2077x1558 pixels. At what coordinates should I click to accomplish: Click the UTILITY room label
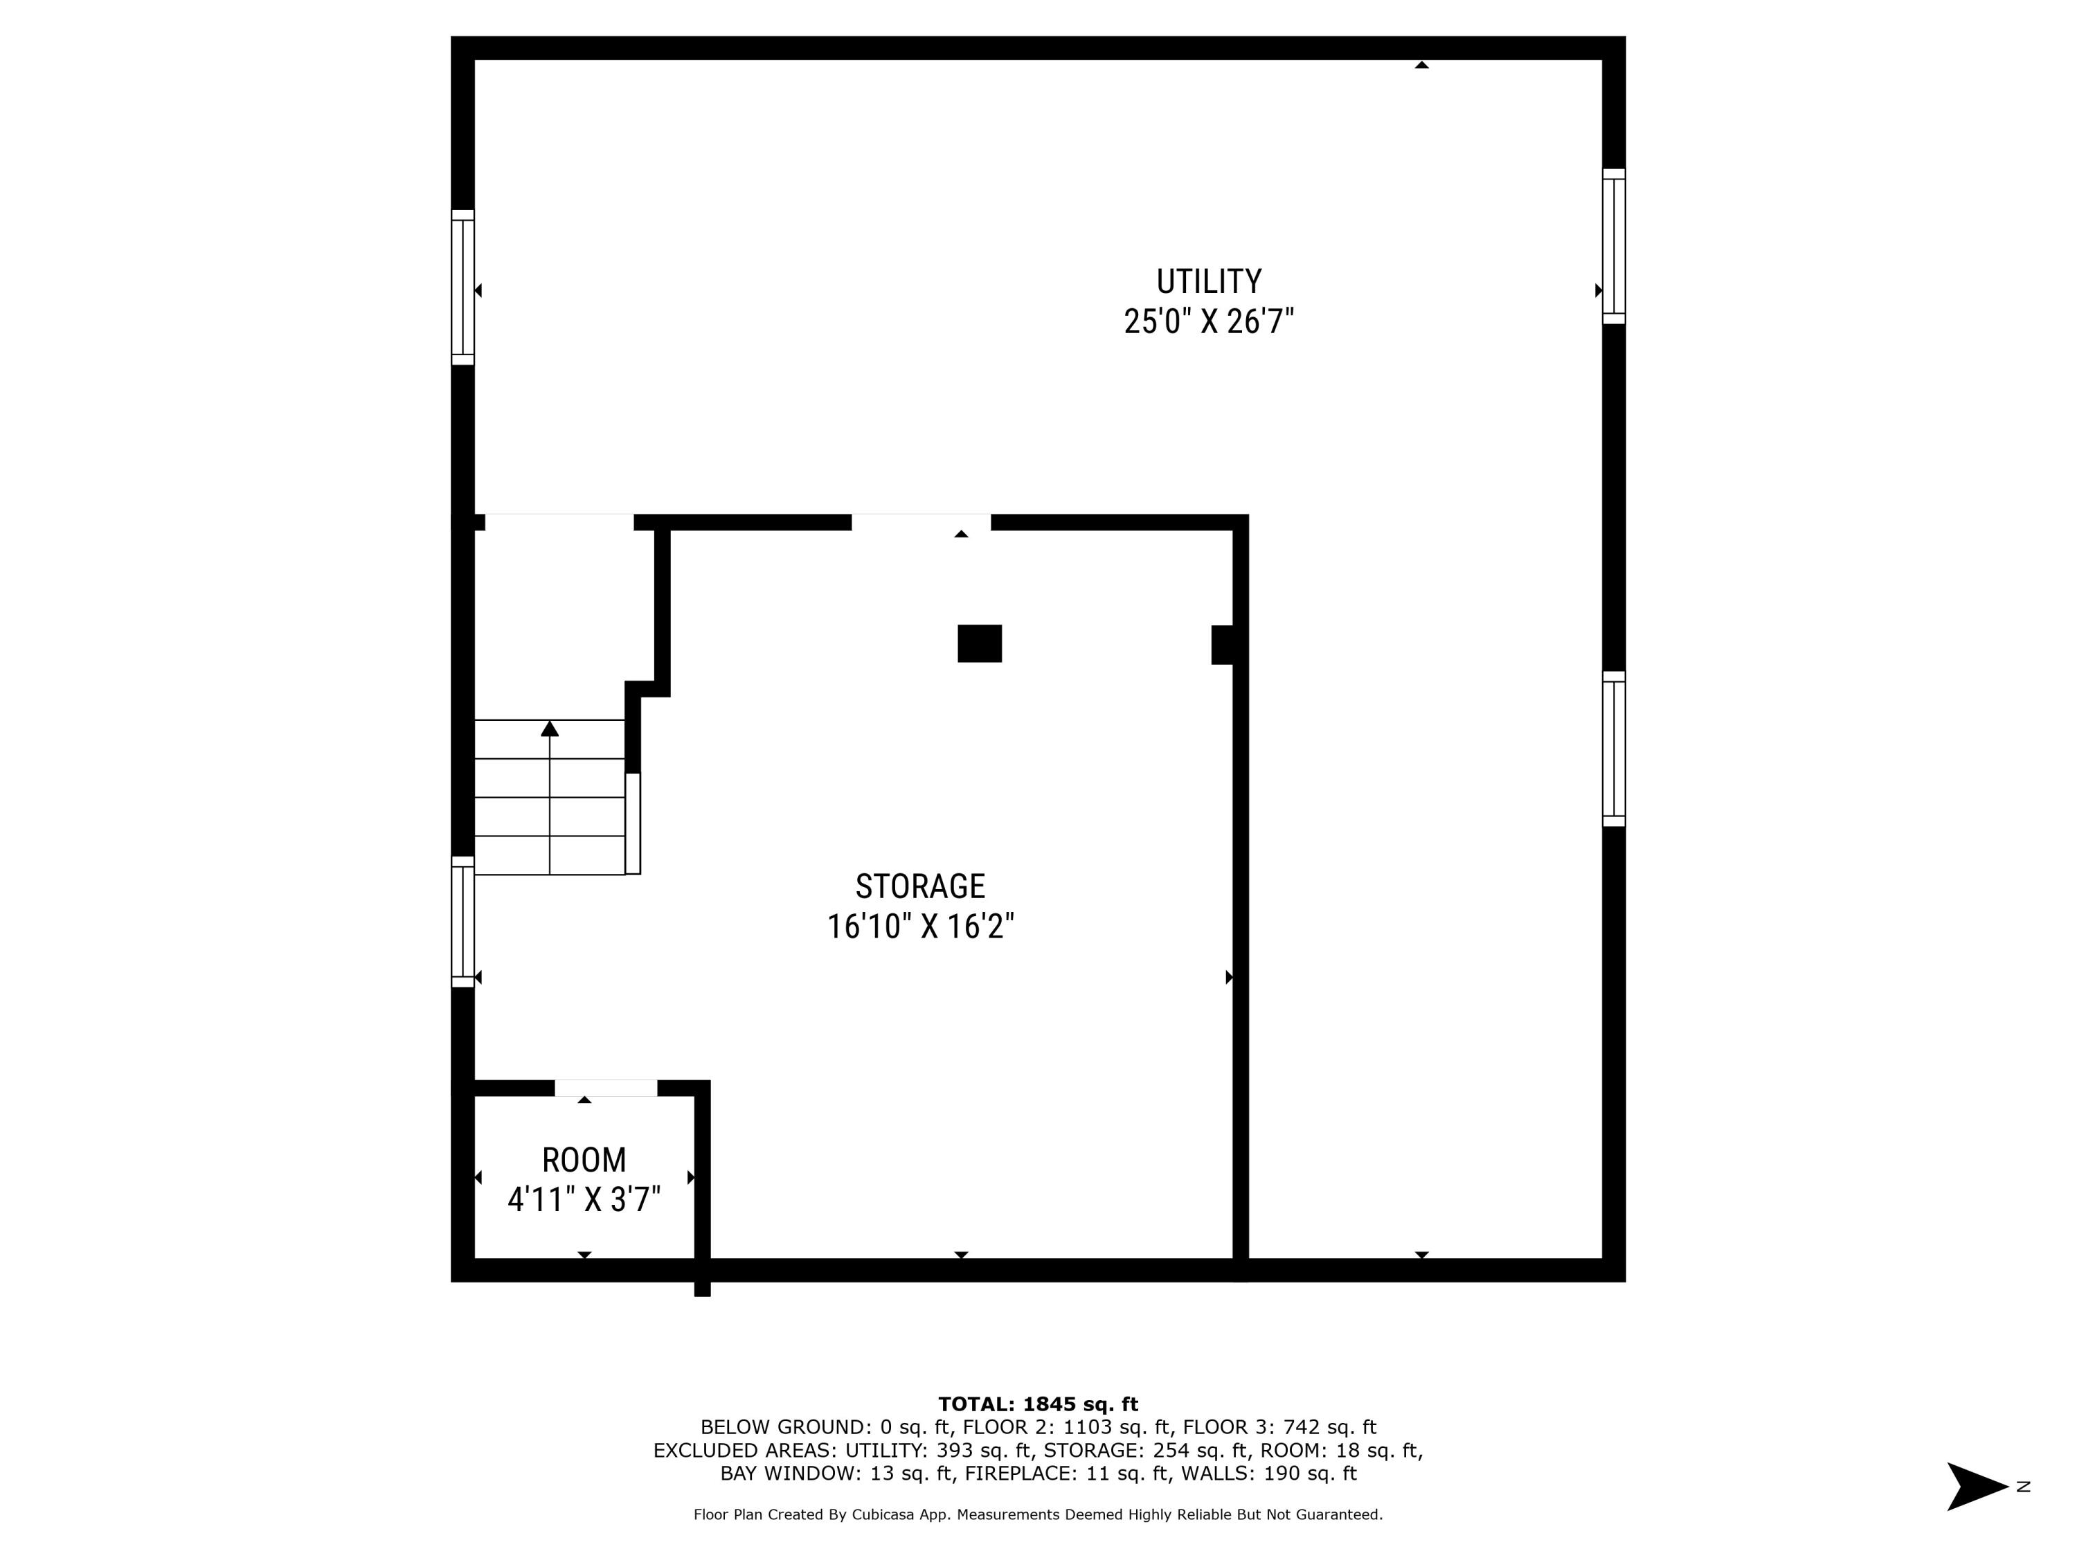(x=1208, y=282)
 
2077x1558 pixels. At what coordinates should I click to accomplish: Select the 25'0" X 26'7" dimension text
(x=1208, y=322)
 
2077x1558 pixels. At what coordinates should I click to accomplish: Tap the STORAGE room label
(x=919, y=886)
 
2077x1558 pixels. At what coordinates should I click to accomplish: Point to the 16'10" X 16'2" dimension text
(x=919, y=927)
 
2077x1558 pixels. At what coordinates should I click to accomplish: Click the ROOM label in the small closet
(x=584, y=1161)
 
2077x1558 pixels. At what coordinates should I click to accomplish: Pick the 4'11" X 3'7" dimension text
(x=584, y=1200)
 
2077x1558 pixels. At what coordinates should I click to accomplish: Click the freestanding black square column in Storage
(x=980, y=643)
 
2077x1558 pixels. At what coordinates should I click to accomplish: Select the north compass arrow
(x=1976, y=1487)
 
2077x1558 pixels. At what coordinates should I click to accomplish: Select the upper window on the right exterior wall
(x=1613, y=246)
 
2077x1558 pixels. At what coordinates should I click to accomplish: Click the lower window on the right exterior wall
(x=1613, y=749)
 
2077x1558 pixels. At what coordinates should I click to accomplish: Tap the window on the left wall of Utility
(x=463, y=287)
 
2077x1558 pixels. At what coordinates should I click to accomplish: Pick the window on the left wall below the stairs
(x=463, y=921)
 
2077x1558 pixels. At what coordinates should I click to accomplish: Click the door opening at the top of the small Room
(x=606, y=1089)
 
